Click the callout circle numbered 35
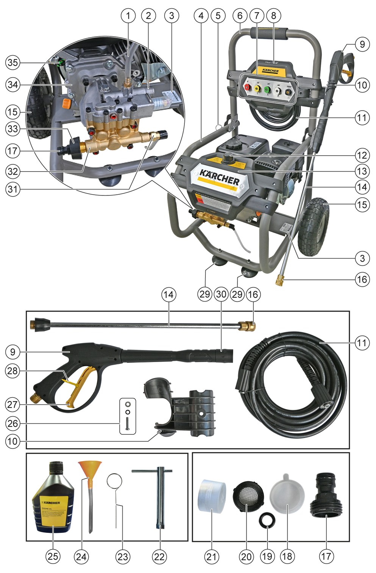13,62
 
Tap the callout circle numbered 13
362,171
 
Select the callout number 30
221,294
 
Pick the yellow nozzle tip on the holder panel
257,89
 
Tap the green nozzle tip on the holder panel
267,90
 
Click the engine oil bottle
53,498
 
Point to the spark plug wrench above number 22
160,496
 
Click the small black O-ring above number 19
267,520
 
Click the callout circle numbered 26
13,423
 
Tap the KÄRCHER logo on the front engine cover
220,177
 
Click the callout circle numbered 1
128,16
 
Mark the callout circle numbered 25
53,556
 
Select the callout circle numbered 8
273,16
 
